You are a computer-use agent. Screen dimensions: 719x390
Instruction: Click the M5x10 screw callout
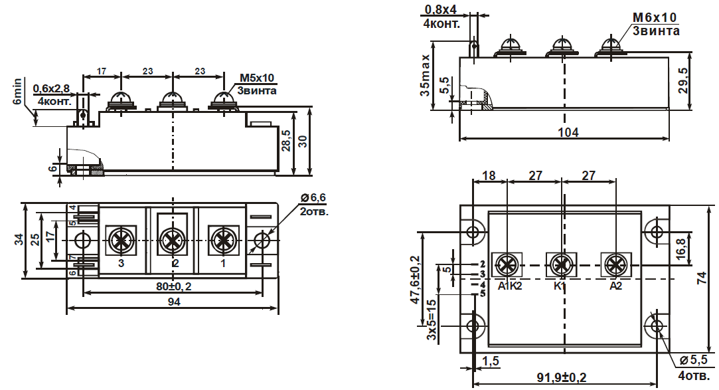(257, 78)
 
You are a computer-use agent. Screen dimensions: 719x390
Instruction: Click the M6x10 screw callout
(655, 17)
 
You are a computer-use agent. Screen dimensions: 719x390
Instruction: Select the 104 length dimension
(568, 132)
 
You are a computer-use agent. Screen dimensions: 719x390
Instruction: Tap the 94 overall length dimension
(174, 302)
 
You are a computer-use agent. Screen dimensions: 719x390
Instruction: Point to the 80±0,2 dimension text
(173, 287)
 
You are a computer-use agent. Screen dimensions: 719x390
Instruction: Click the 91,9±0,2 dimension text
(562, 377)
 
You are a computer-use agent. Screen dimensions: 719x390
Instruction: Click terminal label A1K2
(510, 286)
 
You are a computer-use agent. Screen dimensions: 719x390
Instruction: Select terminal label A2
(615, 286)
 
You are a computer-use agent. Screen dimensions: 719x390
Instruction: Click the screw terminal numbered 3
(121, 240)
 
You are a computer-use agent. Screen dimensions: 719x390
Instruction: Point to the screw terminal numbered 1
(223, 240)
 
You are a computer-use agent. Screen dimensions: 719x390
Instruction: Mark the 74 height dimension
(702, 278)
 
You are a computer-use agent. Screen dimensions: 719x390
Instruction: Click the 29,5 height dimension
(683, 81)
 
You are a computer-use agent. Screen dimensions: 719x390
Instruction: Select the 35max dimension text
(426, 75)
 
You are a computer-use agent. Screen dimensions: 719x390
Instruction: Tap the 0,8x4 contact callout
(441, 10)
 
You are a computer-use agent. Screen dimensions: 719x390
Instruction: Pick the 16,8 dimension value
(681, 248)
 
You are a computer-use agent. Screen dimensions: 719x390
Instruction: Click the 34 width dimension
(19, 239)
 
